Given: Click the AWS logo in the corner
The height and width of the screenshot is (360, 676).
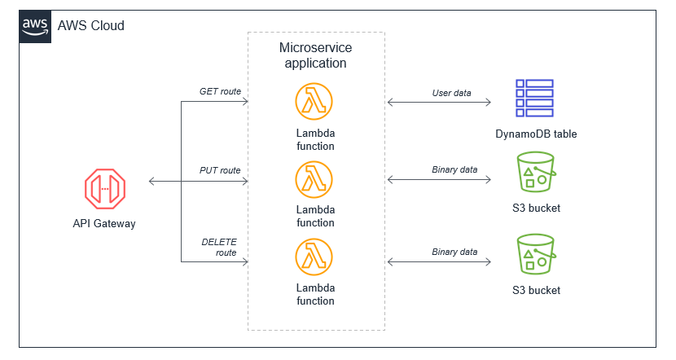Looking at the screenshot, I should [x=35, y=26].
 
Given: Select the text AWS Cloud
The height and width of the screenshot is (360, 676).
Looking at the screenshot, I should [x=90, y=26].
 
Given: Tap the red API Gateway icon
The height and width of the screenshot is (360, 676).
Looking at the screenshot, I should [x=103, y=188].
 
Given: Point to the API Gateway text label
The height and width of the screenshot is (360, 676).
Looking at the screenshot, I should [x=103, y=224].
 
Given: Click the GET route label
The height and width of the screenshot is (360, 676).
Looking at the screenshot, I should [x=220, y=91].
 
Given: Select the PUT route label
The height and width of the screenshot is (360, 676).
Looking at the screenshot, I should [x=220, y=170].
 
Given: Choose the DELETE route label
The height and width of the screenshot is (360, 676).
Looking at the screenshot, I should [x=220, y=247].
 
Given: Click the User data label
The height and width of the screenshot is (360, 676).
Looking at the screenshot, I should [x=451, y=93].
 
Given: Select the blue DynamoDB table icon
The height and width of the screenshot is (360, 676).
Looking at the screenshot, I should [x=534, y=99].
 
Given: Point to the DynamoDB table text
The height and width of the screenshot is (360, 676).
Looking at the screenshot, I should [x=535, y=134].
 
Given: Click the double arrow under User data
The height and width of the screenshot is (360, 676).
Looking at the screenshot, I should [x=440, y=103].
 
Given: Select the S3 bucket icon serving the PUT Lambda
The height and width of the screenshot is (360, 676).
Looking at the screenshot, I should [x=535, y=174].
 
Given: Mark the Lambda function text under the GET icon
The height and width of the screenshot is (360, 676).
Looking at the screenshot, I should [x=315, y=139].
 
